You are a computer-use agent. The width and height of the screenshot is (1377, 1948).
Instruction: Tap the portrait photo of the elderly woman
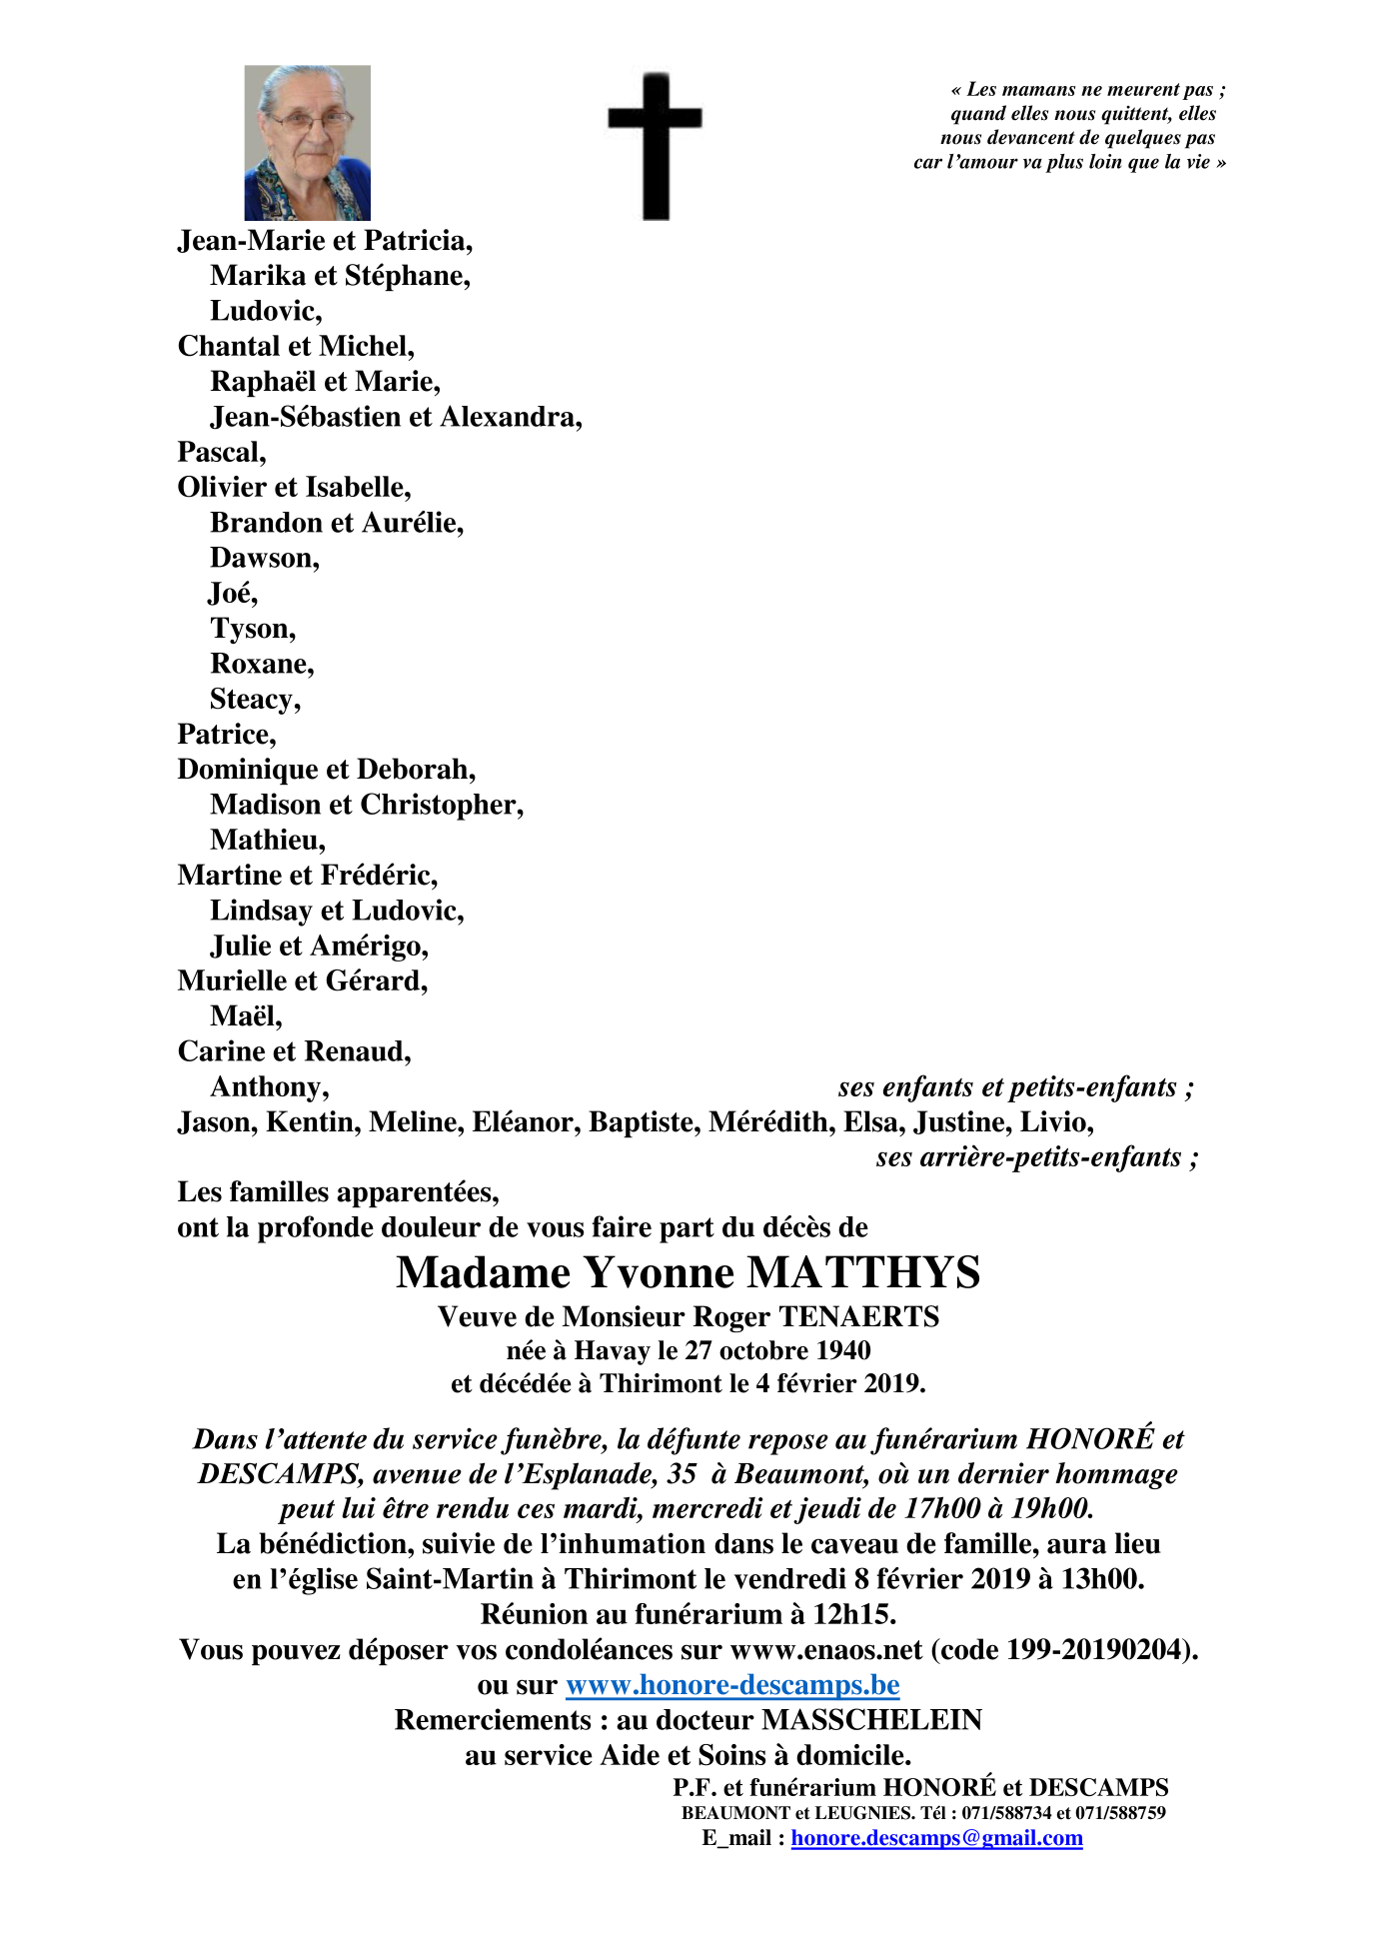307,143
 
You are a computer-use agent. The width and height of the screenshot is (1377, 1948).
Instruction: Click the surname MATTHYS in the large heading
863,1272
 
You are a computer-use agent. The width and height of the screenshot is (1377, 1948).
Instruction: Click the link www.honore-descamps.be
732,1685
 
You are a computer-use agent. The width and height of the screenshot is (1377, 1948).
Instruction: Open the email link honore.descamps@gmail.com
936,1838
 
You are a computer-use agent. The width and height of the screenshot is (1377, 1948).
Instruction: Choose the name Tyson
251,629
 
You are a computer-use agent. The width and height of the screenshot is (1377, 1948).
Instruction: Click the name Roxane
260,664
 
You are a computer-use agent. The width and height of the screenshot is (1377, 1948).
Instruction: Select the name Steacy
253,699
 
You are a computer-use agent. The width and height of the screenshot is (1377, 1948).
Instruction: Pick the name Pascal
220,452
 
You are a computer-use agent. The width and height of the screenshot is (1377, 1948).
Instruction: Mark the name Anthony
267,1086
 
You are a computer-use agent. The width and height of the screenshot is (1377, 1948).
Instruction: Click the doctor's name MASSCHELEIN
871,1720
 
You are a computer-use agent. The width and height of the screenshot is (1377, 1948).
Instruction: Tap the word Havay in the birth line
612,1351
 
